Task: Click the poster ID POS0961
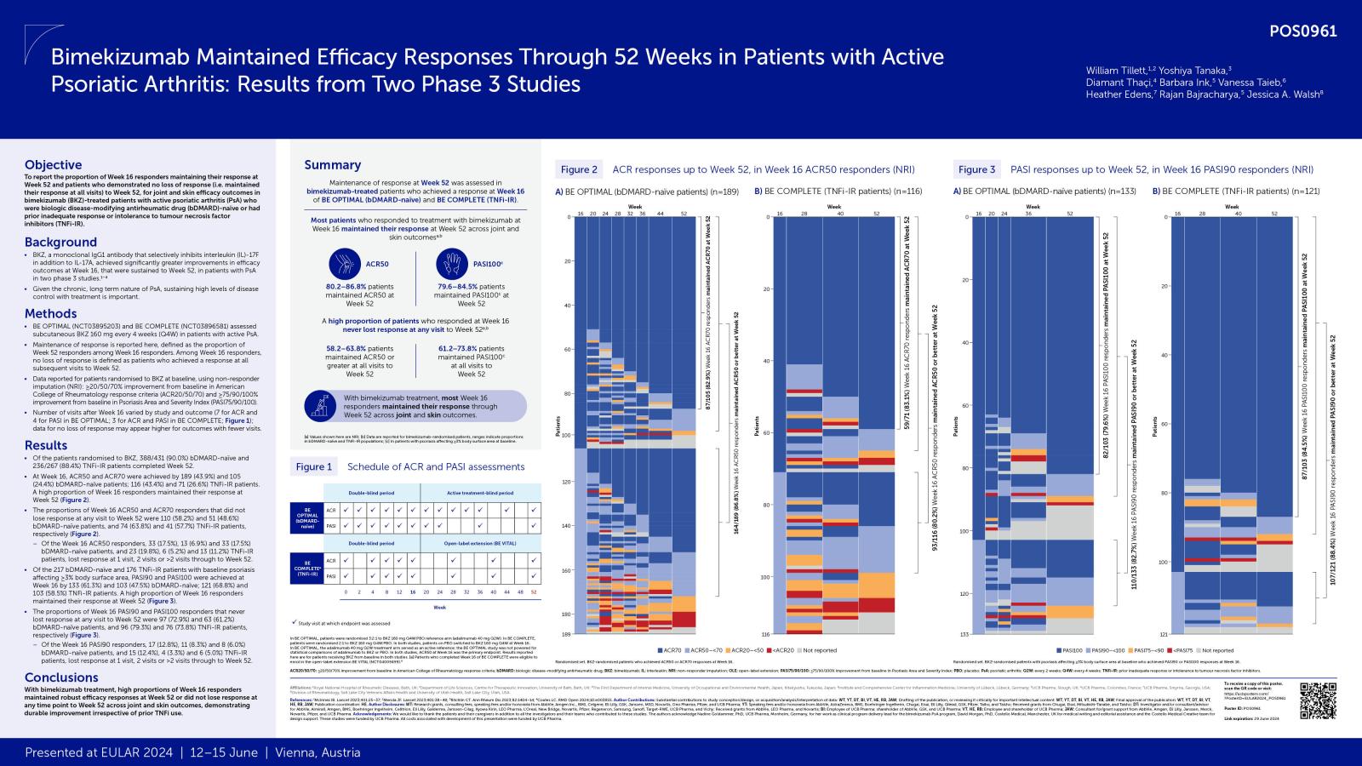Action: [1302, 31]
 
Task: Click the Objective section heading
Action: [53, 165]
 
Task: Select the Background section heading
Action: [60, 242]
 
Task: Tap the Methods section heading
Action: [50, 313]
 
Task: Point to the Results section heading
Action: [46, 445]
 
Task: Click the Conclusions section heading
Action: [61, 677]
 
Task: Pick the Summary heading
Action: [333, 165]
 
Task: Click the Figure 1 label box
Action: [314, 466]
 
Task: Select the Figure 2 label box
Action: [579, 169]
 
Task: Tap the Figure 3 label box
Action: [976, 169]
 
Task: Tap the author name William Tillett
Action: [1115, 70]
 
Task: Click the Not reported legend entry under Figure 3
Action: [1213, 650]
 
